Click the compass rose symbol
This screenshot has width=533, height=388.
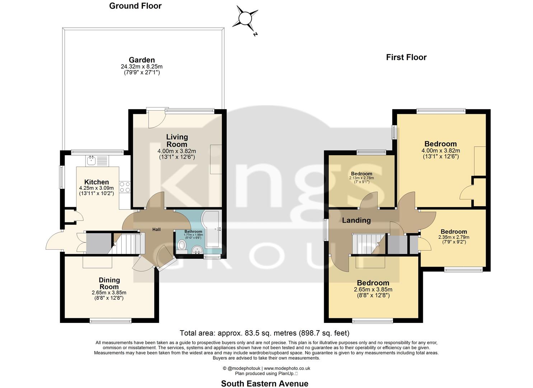tap(246, 18)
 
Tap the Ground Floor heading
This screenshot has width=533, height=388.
tap(135, 6)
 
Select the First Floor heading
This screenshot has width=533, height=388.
tap(406, 57)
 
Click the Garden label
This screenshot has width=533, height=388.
tap(142, 60)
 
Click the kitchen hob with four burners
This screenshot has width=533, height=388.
tap(125, 187)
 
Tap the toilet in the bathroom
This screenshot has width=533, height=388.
tap(182, 246)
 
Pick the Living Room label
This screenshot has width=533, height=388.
tap(177, 140)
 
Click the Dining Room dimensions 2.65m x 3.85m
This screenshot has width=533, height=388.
tap(109, 293)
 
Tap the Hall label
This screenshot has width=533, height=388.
tap(156, 230)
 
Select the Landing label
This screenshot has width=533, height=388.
tap(356, 220)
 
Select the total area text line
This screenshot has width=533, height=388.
tap(264, 333)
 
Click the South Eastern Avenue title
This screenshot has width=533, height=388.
tap(265, 383)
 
